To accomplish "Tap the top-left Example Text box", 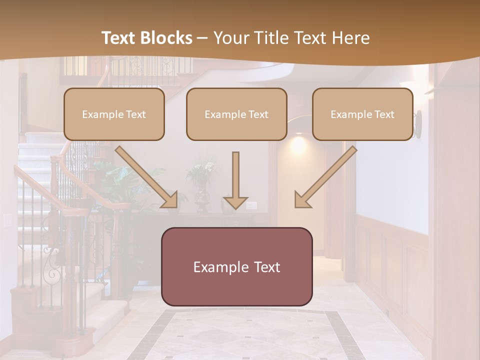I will (x=114, y=114).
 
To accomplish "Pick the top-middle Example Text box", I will (x=236, y=114).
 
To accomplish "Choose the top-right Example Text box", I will (x=362, y=114).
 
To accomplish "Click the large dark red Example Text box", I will (x=236, y=266).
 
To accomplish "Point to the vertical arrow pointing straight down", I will (x=235, y=180).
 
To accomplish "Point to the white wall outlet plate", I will (x=251, y=204).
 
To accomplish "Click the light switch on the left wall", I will (x=7, y=219).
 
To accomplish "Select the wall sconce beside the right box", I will (x=418, y=124).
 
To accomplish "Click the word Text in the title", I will (x=119, y=38).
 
